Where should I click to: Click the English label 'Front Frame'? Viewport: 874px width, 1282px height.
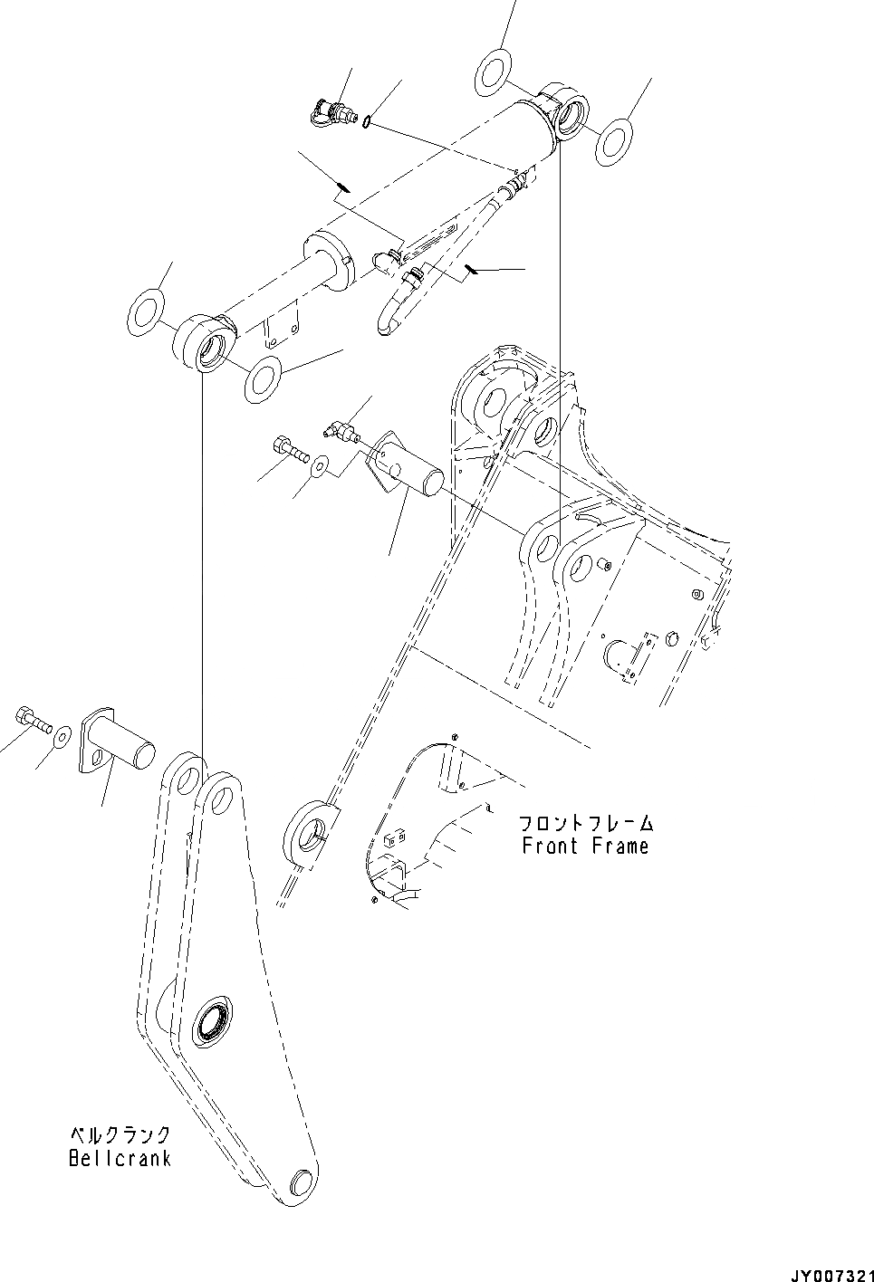585,847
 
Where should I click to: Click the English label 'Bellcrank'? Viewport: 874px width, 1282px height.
120,1158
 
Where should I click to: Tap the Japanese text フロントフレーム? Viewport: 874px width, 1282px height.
585,824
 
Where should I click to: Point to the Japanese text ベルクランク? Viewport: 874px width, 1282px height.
120,1134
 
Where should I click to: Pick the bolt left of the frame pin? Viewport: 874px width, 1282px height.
288,448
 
